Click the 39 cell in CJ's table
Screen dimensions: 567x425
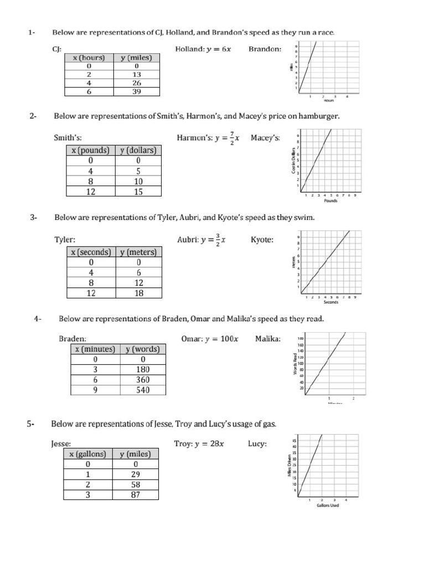tap(136, 92)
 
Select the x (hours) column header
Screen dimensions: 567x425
tap(89, 57)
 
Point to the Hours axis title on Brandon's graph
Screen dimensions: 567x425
tap(329, 101)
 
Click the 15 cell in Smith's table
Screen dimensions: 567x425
tap(138, 192)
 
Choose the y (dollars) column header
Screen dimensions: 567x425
tap(138, 150)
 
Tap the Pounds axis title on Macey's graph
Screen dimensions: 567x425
tap(330, 200)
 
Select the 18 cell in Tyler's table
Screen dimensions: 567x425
tap(138, 293)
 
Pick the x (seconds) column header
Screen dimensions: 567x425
tap(91, 252)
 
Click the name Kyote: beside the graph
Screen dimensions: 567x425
tap(262, 240)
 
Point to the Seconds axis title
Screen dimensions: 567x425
tap(331, 302)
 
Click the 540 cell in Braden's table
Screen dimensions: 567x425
tap(142, 390)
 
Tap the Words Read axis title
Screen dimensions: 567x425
tap(296, 363)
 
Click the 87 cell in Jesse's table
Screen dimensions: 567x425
tap(136, 494)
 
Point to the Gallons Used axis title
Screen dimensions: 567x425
tap(328, 505)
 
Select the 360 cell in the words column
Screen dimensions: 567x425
tap(142, 380)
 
